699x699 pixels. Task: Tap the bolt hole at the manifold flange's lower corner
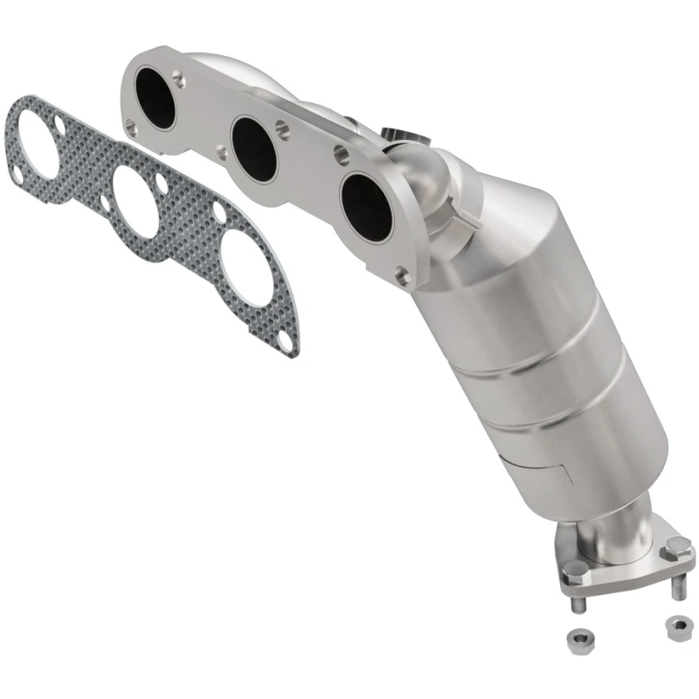pyautogui.click(x=403, y=278)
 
